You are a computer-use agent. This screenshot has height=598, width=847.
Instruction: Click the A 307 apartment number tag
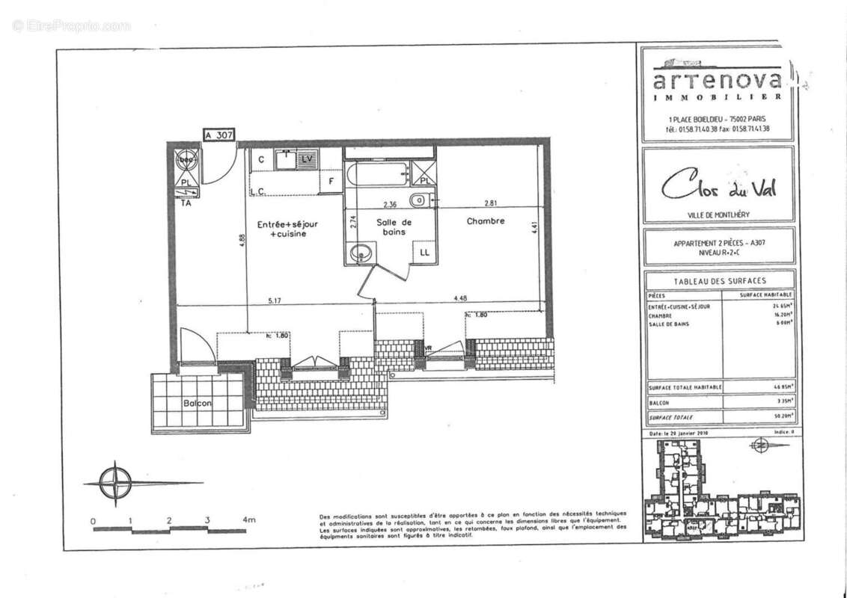coord(220,135)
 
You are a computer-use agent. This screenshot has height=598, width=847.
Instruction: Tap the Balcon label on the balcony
coord(198,403)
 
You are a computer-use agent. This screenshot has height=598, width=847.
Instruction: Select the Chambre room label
coord(486,221)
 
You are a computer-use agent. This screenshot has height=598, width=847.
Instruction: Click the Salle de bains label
coord(394,227)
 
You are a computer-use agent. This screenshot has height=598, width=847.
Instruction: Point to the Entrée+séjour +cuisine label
coord(288,229)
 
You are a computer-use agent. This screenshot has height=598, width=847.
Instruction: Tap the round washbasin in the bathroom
coord(362,253)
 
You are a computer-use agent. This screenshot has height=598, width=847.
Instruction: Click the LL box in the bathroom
coord(424,253)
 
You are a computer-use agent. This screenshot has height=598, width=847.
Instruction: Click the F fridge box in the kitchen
coord(330,181)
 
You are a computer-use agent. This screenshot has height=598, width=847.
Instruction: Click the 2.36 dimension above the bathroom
coord(390,203)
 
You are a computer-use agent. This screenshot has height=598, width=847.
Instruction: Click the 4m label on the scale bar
coord(248,520)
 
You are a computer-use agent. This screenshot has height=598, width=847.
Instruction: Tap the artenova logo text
coord(718,80)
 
